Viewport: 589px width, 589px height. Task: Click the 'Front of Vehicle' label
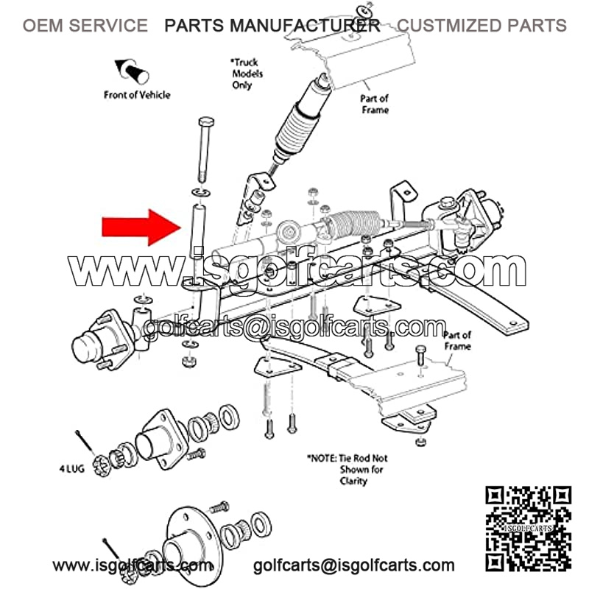pyautogui.click(x=136, y=94)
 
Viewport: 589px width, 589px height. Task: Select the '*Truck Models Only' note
pyautogui.click(x=247, y=74)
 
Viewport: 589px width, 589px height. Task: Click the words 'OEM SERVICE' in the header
pyautogui.click(x=85, y=26)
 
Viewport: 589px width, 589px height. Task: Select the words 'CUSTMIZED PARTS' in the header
pyautogui.click(x=482, y=26)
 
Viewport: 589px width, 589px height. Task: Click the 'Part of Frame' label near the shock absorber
pyautogui.click(x=373, y=104)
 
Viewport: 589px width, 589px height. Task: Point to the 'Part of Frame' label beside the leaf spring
pyautogui.click(x=457, y=340)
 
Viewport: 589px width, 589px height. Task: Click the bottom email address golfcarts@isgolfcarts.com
pyautogui.click(x=353, y=566)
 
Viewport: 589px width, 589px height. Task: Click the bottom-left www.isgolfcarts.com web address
pyautogui.click(x=133, y=566)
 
